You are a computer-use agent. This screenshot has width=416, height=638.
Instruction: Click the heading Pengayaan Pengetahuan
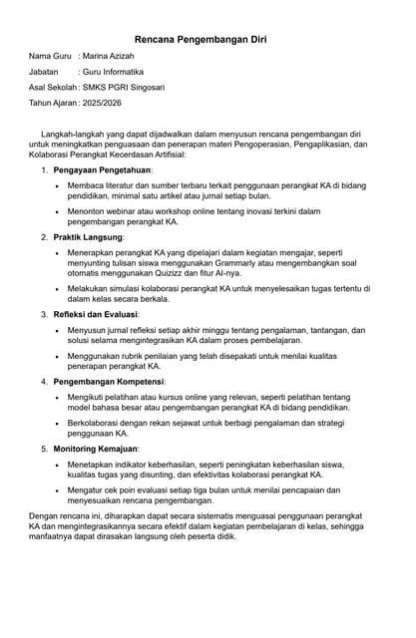click(x=102, y=171)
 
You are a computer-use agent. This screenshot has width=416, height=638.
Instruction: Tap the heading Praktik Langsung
click(x=88, y=238)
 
